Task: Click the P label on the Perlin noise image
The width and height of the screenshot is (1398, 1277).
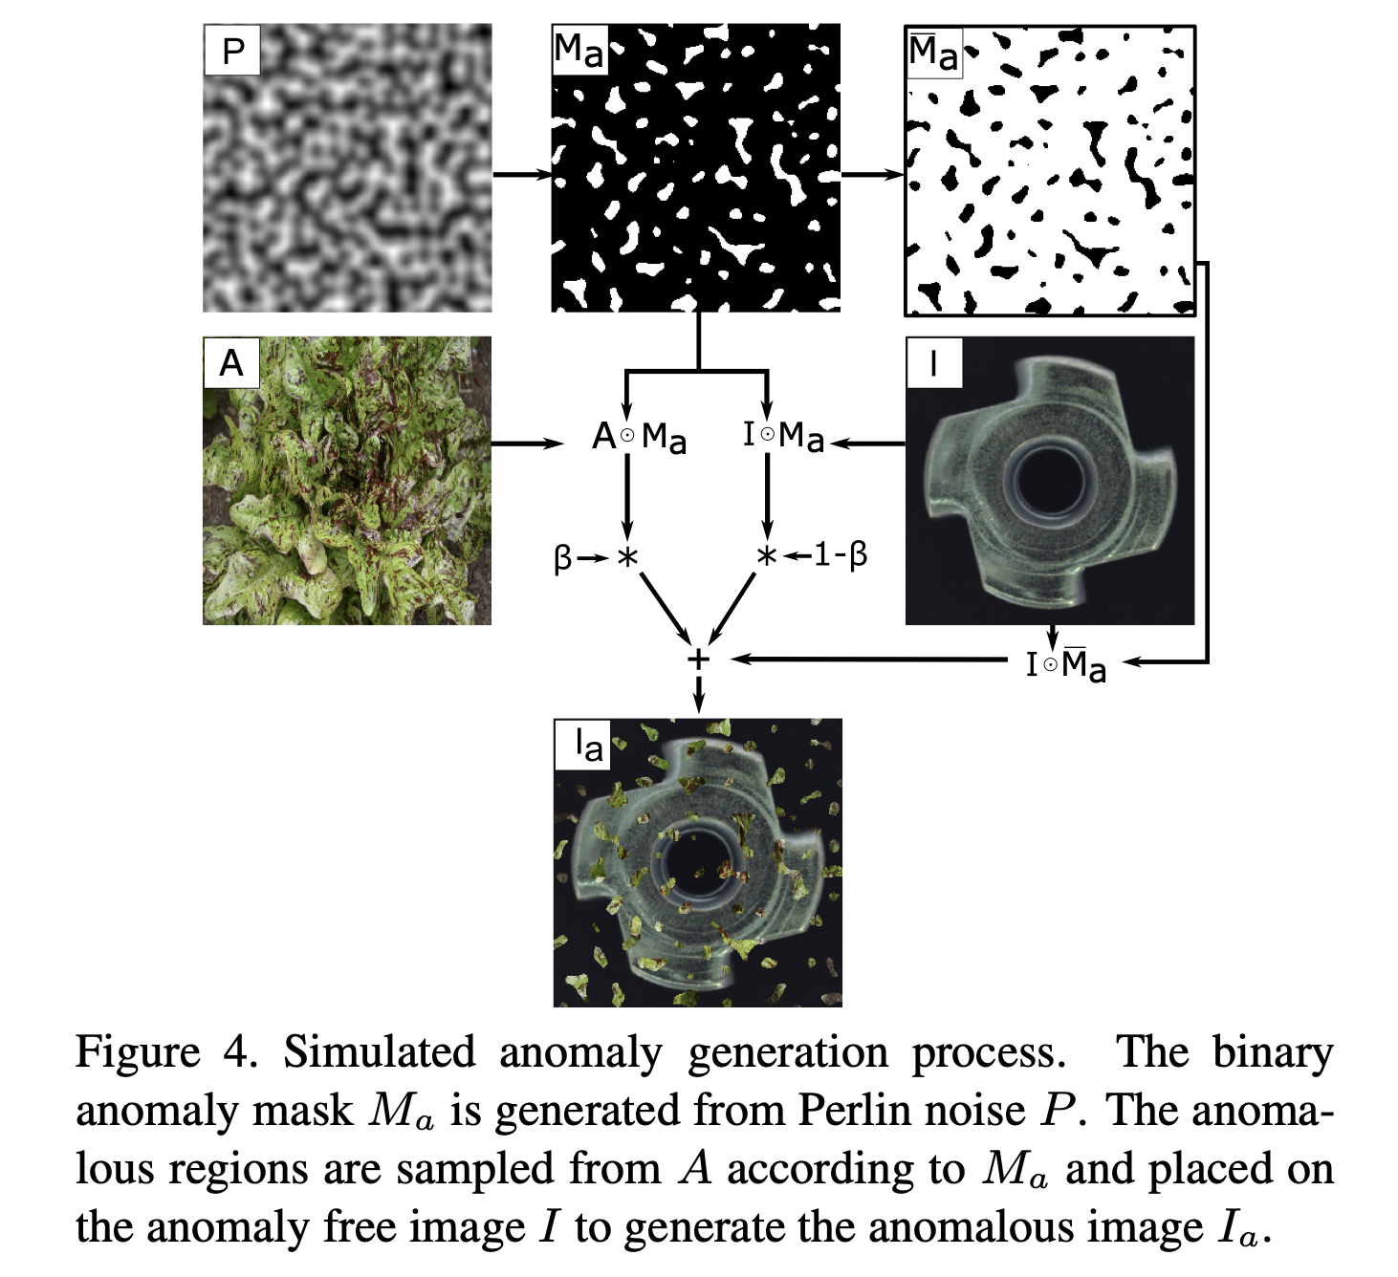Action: coord(232,52)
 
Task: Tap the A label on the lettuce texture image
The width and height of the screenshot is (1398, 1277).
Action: coord(231,363)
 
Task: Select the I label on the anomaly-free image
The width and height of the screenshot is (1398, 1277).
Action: coord(933,363)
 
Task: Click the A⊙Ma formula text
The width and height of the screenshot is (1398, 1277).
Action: coord(639,438)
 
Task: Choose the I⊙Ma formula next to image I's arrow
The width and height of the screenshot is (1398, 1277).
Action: coord(783,436)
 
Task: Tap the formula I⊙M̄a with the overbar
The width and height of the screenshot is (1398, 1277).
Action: coord(1065,663)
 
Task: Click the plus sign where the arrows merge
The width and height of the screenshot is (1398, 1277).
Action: coord(698,660)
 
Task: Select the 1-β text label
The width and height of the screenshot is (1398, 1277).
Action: coord(841,556)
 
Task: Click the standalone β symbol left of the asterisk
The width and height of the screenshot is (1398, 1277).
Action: coord(562,558)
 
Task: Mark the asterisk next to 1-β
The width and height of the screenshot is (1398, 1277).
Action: coord(766,557)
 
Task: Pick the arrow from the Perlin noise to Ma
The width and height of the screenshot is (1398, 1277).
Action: coord(523,173)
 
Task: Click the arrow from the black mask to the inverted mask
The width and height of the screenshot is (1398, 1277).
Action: coord(872,173)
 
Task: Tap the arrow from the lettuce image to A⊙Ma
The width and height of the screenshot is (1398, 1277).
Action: coord(528,444)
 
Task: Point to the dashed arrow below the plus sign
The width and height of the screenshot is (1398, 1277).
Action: coord(698,692)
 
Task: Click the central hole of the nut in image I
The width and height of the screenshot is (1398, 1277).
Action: coord(1050,480)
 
